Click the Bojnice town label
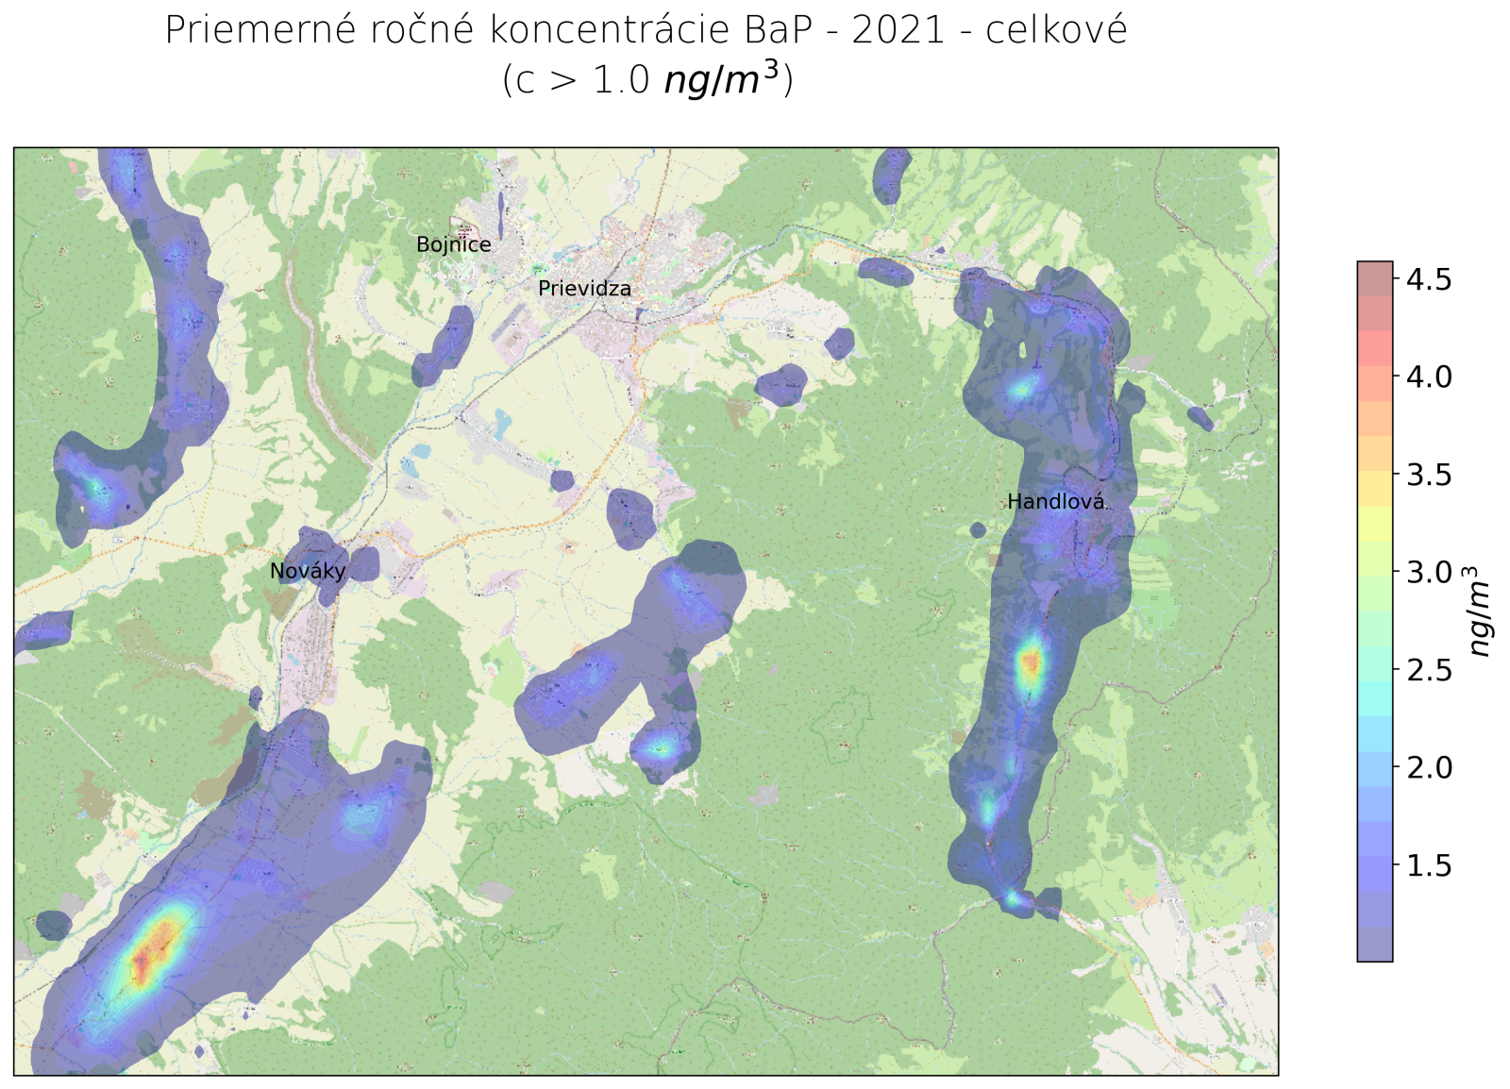coord(454,245)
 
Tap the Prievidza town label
coord(584,289)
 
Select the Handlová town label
coord(1055,502)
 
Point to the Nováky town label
coord(308,571)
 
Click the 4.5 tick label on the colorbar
coord(1429,279)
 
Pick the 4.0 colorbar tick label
coord(1429,377)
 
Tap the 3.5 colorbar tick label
coord(1429,475)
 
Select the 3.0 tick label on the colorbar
coord(1429,572)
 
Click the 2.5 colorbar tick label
coord(1429,670)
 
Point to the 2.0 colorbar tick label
coord(1429,767)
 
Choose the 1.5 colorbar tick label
coord(1429,865)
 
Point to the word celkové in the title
coord(1056,31)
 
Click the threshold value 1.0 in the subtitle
coord(621,80)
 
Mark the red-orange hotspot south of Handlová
coord(1031,663)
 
